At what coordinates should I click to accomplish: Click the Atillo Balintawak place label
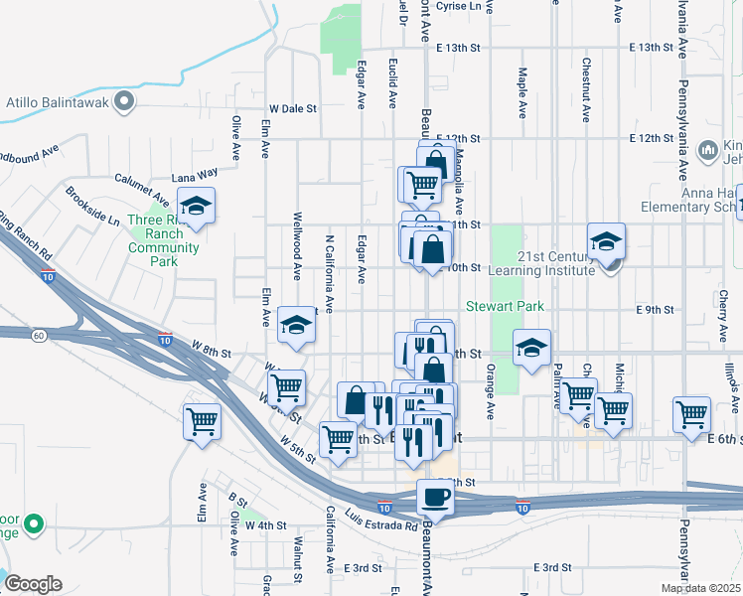coord(55,100)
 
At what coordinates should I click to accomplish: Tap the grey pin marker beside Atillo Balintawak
coord(123,100)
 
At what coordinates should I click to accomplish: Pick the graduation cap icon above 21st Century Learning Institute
coord(606,241)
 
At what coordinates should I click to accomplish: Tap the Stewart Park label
coord(506,307)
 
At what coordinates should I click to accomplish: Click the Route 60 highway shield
coord(39,336)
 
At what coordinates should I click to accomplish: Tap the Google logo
coord(33,583)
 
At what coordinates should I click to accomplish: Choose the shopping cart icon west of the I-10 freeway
coord(202,421)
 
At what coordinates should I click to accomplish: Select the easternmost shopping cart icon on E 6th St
coord(691,413)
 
